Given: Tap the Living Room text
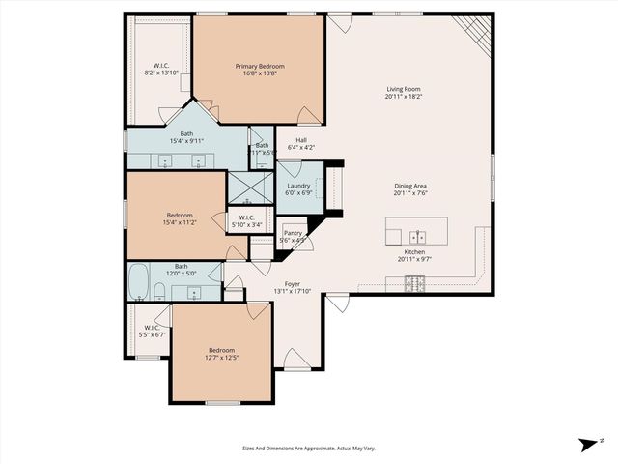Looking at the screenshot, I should pyautogui.click(x=404, y=90).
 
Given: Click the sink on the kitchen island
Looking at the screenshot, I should pyautogui.click(x=417, y=235).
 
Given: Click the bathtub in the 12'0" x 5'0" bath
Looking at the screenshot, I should pyautogui.click(x=138, y=283).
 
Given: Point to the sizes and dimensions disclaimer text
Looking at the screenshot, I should pyautogui.click(x=308, y=448).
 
